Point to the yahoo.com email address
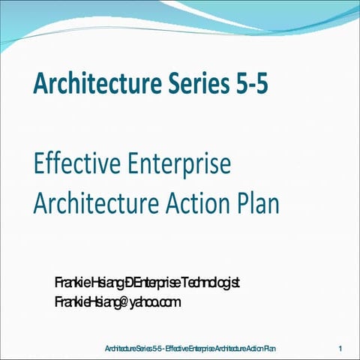tap(118, 302)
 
